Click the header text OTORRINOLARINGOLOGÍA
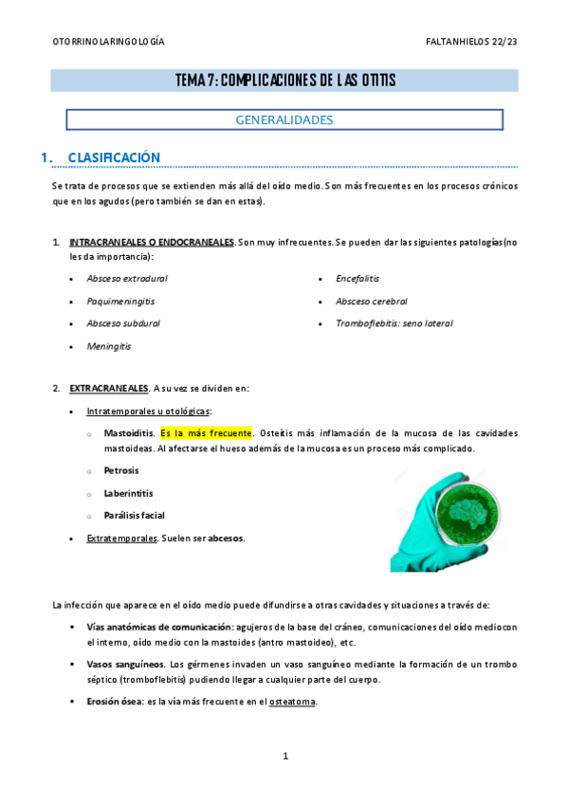click(x=108, y=42)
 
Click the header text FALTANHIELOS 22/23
click(x=472, y=42)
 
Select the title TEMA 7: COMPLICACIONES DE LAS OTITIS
click(x=285, y=81)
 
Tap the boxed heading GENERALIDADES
click(x=284, y=120)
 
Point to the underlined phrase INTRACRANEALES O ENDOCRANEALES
click(x=152, y=243)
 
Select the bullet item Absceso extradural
click(x=127, y=278)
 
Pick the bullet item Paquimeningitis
click(x=120, y=301)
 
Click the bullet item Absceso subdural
click(x=123, y=323)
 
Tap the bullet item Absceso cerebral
click(x=372, y=301)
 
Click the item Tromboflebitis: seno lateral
click(x=394, y=323)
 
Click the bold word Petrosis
click(x=121, y=470)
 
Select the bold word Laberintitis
click(x=128, y=493)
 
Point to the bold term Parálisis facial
click(x=134, y=516)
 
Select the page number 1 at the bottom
click(x=284, y=756)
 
